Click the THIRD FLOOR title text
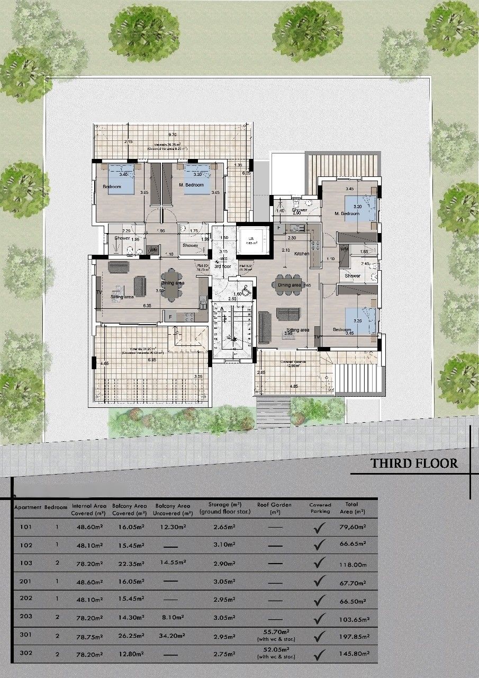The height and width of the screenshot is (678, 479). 413,463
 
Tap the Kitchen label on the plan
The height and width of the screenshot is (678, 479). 302,254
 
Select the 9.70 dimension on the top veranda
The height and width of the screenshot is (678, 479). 173,135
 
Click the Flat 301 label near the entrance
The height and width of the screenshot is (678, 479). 203,267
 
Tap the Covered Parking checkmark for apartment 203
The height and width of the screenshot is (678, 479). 319,617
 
